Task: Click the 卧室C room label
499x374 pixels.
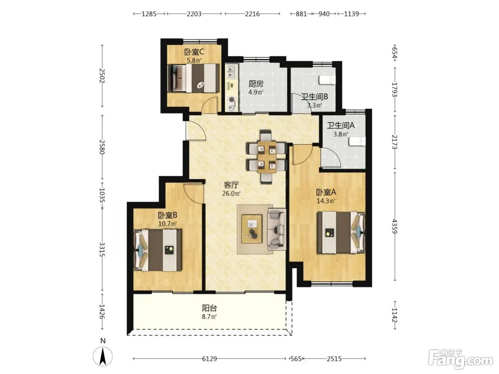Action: click(194, 52)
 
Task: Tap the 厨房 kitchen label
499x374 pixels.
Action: click(256, 84)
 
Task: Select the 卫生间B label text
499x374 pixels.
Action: click(314, 97)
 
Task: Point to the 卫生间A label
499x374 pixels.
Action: click(341, 125)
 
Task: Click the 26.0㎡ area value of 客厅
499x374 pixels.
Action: click(231, 194)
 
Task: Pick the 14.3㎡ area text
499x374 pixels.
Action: click(326, 201)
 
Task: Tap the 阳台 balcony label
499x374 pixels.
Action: click(209, 308)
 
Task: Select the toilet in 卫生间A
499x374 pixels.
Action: click(357, 141)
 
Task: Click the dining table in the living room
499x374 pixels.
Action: click(267, 157)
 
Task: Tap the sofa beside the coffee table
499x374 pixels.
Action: click(277, 229)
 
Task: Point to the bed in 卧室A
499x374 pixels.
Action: click(341, 233)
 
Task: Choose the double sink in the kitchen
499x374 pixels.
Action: click(232, 71)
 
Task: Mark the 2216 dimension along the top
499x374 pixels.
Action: click(252, 14)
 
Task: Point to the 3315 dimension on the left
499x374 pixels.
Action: click(102, 249)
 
